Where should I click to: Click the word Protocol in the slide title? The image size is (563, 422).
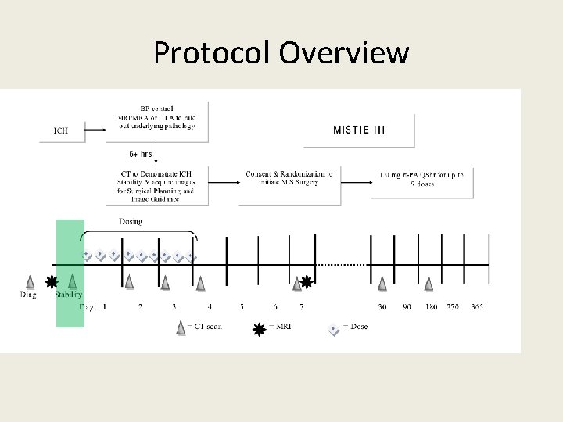[x=211, y=53]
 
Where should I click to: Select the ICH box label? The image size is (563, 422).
[x=60, y=131]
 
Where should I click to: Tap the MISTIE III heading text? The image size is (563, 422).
[x=359, y=130]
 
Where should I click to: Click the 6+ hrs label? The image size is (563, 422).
[x=141, y=154]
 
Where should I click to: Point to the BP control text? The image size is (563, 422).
[x=156, y=109]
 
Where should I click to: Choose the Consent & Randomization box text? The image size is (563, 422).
[x=289, y=178]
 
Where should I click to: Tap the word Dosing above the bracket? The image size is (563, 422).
[x=131, y=221]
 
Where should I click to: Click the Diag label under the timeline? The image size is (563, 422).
[x=28, y=295]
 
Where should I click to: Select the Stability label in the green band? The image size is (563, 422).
[x=68, y=295]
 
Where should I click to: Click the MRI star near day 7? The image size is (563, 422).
[x=307, y=281]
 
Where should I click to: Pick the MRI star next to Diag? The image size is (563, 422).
[x=52, y=281]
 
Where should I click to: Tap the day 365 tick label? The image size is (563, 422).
[x=477, y=307]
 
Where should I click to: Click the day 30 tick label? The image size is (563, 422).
[x=382, y=307]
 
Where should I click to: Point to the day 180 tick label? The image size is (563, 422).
[x=430, y=307]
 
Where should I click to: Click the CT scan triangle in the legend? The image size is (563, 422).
[x=181, y=328]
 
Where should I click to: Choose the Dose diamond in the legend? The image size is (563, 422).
[x=334, y=329]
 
